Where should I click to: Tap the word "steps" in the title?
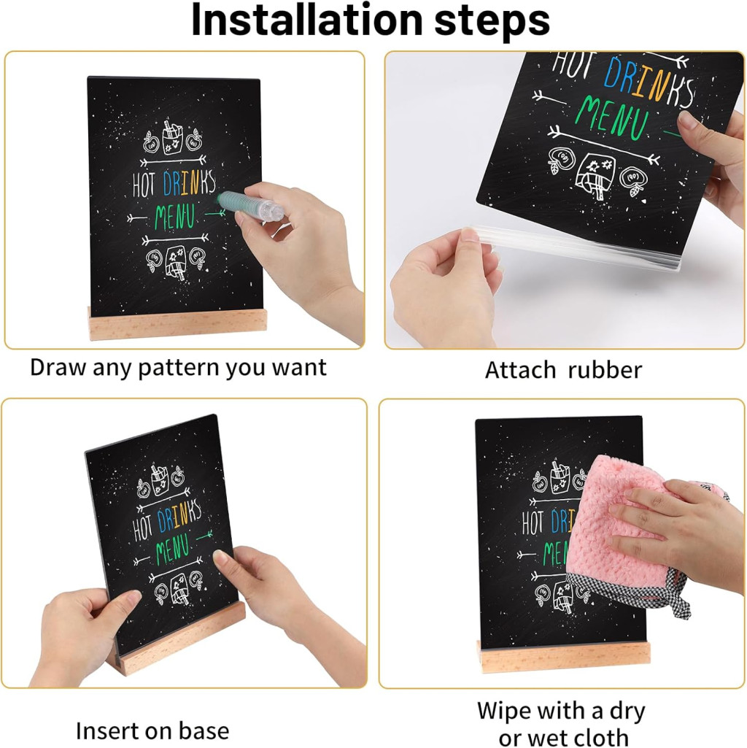(x=492, y=21)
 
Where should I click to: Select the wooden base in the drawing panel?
(x=177, y=324)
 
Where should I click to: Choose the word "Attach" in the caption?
(x=520, y=370)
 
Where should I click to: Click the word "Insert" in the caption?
(x=106, y=730)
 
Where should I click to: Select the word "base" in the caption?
(x=206, y=730)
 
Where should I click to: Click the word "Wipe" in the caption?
(x=506, y=710)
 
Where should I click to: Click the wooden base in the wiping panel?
(x=566, y=656)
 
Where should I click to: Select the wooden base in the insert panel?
(x=177, y=639)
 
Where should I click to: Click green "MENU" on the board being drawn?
(x=174, y=217)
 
